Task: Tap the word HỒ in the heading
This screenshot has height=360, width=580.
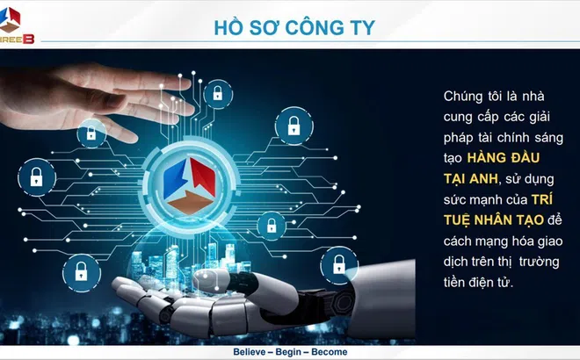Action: point(228,26)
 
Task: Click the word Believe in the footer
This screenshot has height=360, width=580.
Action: point(251,351)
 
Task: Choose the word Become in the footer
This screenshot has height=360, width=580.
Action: point(327,351)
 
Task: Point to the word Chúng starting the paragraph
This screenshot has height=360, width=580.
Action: point(463,96)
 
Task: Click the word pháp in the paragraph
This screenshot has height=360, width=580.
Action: point(458,138)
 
